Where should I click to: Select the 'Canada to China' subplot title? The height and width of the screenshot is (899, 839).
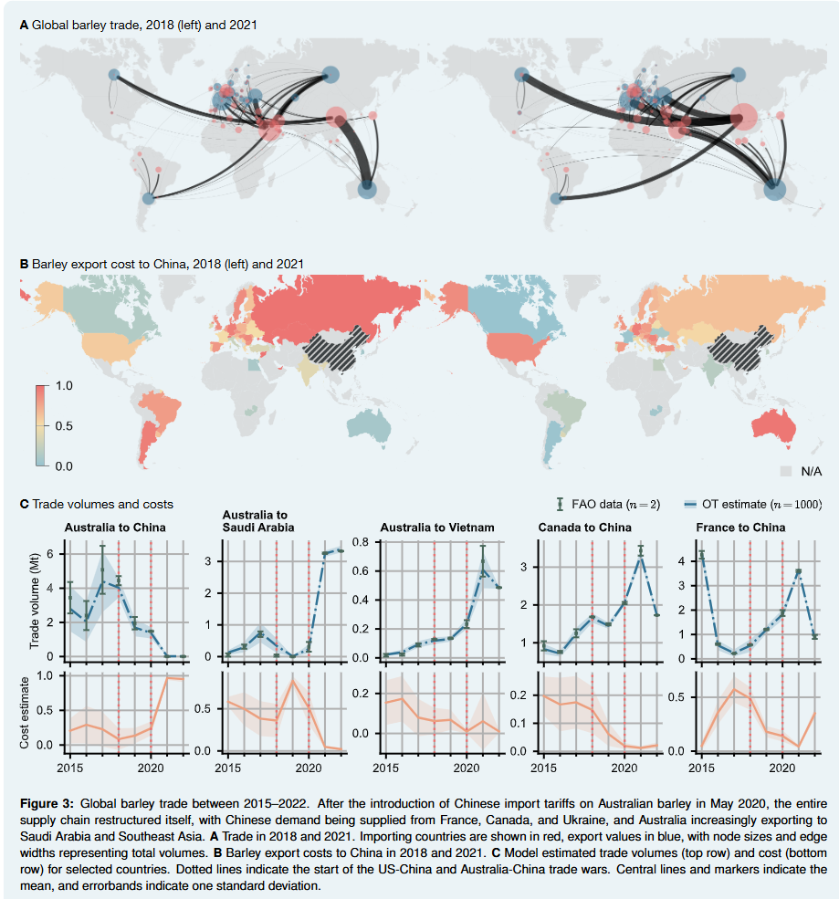(x=584, y=527)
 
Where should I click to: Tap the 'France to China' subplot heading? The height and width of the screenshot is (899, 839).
(x=740, y=527)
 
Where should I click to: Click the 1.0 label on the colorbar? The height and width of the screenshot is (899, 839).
(x=66, y=386)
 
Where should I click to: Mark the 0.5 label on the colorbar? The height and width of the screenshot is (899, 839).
(x=66, y=426)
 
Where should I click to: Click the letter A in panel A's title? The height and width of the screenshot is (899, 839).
(x=24, y=25)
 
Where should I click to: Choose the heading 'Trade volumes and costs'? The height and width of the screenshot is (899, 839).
(x=102, y=504)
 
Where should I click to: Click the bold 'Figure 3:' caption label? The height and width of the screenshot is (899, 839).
(x=47, y=803)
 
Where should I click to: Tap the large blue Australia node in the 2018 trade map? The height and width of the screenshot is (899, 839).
(x=367, y=189)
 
